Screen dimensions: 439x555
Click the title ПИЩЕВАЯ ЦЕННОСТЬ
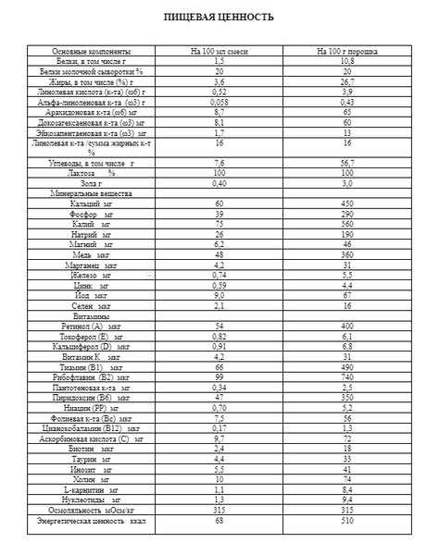pyautogui.click(x=219, y=18)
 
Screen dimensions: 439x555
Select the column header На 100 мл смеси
pyautogui.click(x=219, y=51)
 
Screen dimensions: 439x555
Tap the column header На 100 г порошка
pyautogui.click(x=345, y=51)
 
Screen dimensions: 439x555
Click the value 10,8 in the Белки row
pyautogui.click(x=345, y=60)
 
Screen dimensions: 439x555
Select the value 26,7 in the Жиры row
pyautogui.click(x=345, y=81)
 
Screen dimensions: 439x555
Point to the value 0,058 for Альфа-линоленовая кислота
pyautogui.click(x=219, y=102)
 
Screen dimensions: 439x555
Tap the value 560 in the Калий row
pyautogui.click(x=345, y=224)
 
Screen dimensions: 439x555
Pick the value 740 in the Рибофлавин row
pyautogui.click(x=345, y=376)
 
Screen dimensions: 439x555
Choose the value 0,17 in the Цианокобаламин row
pyautogui.click(x=219, y=427)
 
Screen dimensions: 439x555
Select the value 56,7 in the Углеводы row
pyautogui.click(x=345, y=163)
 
